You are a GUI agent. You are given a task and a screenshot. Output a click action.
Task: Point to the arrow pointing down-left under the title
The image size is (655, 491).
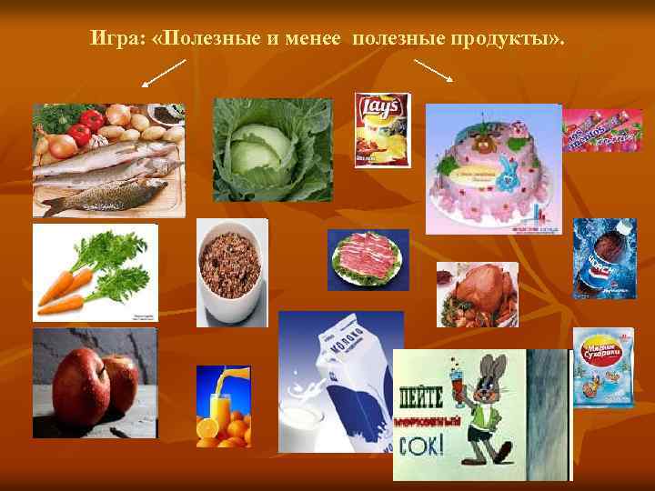(164, 74)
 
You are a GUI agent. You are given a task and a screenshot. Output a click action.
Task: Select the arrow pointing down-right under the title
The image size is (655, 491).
(434, 70)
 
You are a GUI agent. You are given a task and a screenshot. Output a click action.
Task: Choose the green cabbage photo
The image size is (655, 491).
(272, 149)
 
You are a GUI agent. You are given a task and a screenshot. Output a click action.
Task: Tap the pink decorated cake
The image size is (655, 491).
(492, 168)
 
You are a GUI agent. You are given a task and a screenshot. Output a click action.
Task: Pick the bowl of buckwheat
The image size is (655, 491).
(233, 272)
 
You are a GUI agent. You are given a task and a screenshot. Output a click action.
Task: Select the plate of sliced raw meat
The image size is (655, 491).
(368, 259)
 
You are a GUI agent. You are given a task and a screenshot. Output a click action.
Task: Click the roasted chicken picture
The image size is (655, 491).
(477, 294)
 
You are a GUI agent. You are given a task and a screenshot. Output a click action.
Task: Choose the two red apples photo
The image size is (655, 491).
(95, 382)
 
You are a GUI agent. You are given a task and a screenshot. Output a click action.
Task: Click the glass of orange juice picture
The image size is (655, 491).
(223, 406)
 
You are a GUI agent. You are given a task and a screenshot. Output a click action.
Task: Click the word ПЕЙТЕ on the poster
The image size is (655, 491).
(421, 396)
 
